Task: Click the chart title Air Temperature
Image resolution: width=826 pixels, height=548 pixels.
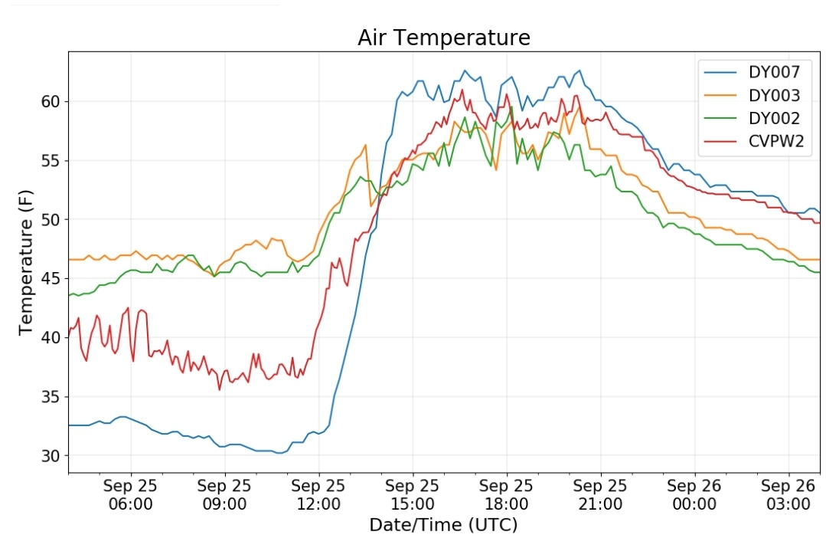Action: pyautogui.click(x=443, y=38)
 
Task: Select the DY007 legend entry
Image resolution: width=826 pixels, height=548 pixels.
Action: pyautogui.click(x=753, y=72)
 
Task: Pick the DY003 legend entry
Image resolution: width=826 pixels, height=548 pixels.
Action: pyautogui.click(x=753, y=96)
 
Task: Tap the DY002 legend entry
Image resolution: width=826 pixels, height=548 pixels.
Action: pyautogui.click(x=753, y=118)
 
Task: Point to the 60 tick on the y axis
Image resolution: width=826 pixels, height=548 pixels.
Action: pyautogui.click(x=51, y=101)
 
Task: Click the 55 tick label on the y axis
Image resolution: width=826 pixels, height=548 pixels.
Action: pyautogui.click(x=51, y=160)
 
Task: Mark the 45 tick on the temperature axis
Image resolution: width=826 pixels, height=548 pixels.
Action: pyautogui.click(x=51, y=278)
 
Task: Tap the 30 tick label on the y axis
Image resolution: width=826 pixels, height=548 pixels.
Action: pyautogui.click(x=51, y=456)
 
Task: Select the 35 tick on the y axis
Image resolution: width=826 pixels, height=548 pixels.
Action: pyautogui.click(x=51, y=396)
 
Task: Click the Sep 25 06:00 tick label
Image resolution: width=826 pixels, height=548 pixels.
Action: pyautogui.click(x=131, y=494)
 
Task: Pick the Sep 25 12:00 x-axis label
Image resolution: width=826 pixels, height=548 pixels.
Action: pyautogui.click(x=318, y=494)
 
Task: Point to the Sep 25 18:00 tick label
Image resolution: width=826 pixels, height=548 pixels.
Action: pyautogui.click(x=506, y=494)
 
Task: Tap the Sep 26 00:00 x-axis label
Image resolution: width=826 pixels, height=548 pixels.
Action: pyautogui.click(x=694, y=494)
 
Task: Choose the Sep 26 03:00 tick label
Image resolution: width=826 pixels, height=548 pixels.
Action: pyautogui.click(x=788, y=494)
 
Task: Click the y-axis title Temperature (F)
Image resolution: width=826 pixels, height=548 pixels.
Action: pyautogui.click(x=26, y=262)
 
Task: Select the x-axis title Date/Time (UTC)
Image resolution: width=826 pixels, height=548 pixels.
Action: pyautogui.click(x=443, y=525)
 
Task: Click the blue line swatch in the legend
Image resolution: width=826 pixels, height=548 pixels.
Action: pyautogui.click(x=720, y=72)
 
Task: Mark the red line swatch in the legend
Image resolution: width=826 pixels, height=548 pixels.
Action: pyautogui.click(x=720, y=142)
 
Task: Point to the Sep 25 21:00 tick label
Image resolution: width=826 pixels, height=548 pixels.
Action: pyautogui.click(x=600, y=494)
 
